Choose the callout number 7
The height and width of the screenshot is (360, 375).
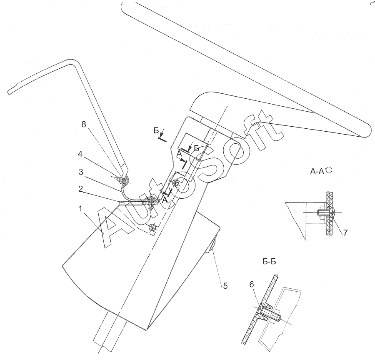pyautogui.click(x=345, y=232)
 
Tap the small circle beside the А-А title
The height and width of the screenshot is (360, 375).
pyautogui.click(x=329, y=170)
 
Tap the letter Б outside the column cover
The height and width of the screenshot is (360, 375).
pyautogui.click(x=156, y=131)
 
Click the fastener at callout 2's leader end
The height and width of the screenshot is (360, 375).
pyautogui.click(x=151, y=202)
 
